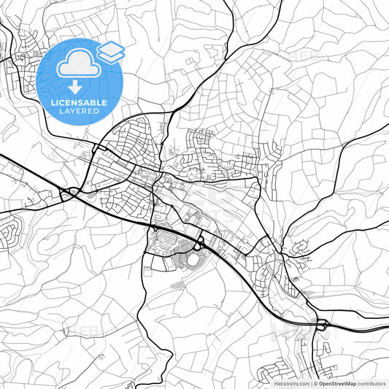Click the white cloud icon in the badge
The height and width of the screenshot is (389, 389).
[x=77, y=63]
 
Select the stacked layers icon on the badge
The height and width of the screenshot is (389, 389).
[x=111, y=50]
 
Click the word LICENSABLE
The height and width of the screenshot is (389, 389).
[x=80, y=103]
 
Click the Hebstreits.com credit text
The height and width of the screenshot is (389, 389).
[x=290, y=383]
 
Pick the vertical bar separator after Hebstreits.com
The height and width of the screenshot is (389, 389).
[x=312, y=383]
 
